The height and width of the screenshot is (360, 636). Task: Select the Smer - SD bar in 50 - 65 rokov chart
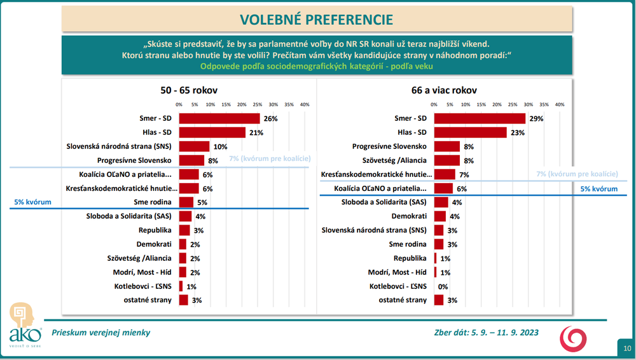[x=219, y=118]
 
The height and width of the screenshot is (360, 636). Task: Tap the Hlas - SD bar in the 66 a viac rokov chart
[x=470, y=132]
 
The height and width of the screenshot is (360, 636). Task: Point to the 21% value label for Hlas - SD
[x=255, y=132]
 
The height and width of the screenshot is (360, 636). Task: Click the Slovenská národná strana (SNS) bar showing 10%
[x=194, y=146]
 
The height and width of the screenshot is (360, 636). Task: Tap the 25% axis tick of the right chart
[x=513, y=104]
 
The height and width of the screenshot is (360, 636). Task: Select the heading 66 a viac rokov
[x=444, y=90]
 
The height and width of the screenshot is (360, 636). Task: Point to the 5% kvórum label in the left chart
[x=33, y=202]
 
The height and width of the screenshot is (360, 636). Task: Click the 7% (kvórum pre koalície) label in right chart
[x=577, y=174]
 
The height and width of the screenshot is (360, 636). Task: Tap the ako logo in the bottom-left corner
[x=25, y=325]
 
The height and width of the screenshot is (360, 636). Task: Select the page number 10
[x=627, y=348]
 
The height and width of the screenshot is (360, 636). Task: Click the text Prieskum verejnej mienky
[x=101, y=332]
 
